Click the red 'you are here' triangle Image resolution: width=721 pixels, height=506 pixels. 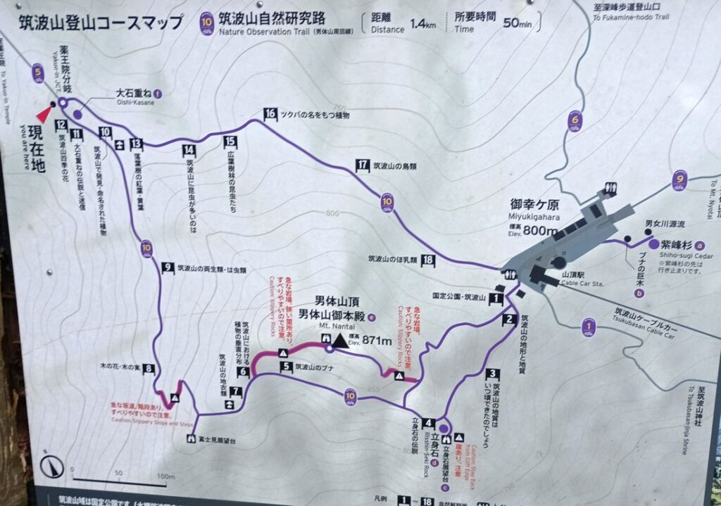45,113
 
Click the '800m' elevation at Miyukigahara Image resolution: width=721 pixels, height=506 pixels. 543,230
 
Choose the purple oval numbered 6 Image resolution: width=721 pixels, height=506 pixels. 576,121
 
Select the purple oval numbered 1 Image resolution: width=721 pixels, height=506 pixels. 589,326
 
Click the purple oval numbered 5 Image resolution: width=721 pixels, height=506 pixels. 37,72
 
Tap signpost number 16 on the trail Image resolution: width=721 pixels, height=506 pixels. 270,113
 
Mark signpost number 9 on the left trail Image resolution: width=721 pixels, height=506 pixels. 168,267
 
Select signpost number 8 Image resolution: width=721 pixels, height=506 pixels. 149,368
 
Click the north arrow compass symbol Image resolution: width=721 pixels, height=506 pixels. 51,466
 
